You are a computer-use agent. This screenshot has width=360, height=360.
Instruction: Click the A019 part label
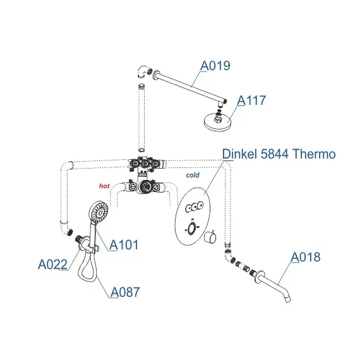click(215, 66)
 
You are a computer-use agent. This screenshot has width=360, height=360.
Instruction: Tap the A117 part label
click(251, 100)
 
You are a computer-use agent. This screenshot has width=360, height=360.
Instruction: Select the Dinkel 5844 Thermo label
click(279, 154)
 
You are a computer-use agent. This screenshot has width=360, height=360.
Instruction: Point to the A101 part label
click(124, 245)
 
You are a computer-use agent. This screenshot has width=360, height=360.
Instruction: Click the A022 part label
click(53, 264)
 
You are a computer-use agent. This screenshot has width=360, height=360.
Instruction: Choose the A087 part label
click(125, 292)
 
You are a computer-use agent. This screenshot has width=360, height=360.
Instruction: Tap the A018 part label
click(305, 257)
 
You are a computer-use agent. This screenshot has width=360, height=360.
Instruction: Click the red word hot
click(104, 186)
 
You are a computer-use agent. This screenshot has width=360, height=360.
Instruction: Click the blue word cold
click(193, 175)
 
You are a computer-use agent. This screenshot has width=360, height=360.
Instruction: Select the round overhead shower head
click(218, 121)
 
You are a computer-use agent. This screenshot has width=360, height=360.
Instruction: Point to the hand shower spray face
click(99, 212)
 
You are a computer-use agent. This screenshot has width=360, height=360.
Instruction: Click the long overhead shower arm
click(190, 88)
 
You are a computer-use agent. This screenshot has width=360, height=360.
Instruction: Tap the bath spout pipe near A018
click(273, 285)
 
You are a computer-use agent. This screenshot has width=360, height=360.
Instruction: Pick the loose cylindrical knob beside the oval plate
click(210, 237)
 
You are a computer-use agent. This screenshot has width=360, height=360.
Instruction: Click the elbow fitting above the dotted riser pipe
click(142, 71)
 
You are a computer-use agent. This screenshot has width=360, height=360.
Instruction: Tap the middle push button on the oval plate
click(195, 206)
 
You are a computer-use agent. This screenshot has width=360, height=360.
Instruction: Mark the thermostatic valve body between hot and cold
click(143, 186)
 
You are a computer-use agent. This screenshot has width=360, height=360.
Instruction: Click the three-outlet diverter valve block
click(145, 164)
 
